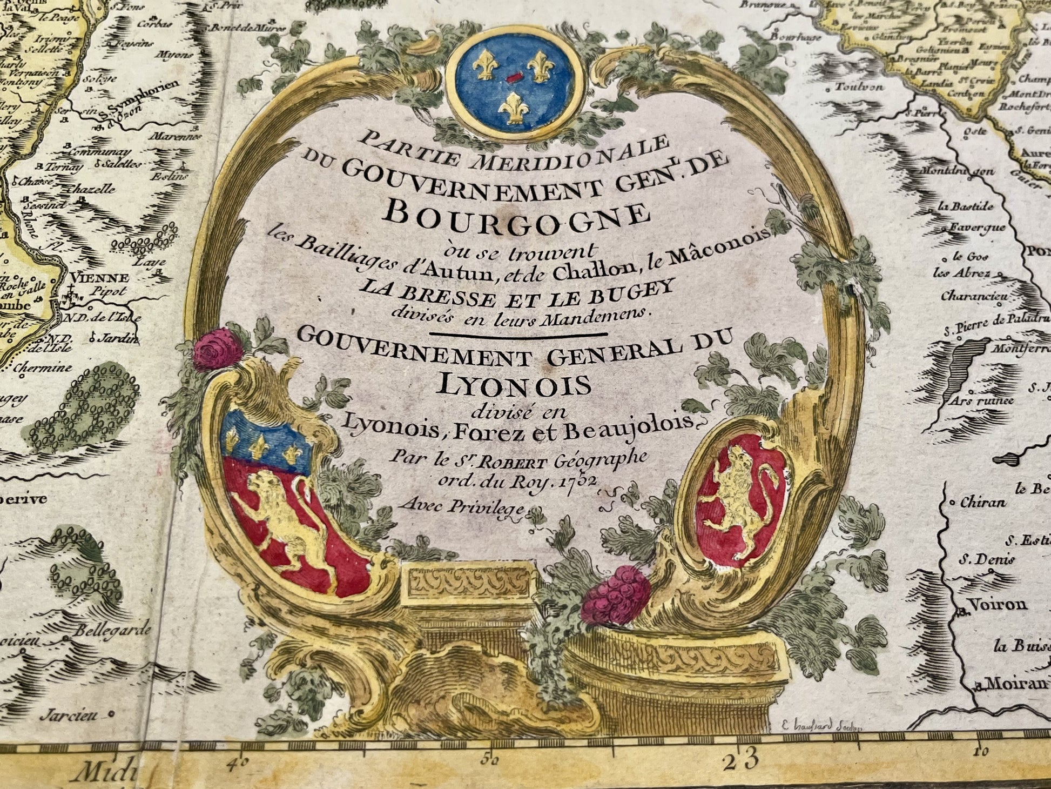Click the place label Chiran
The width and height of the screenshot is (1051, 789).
[982, 502]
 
